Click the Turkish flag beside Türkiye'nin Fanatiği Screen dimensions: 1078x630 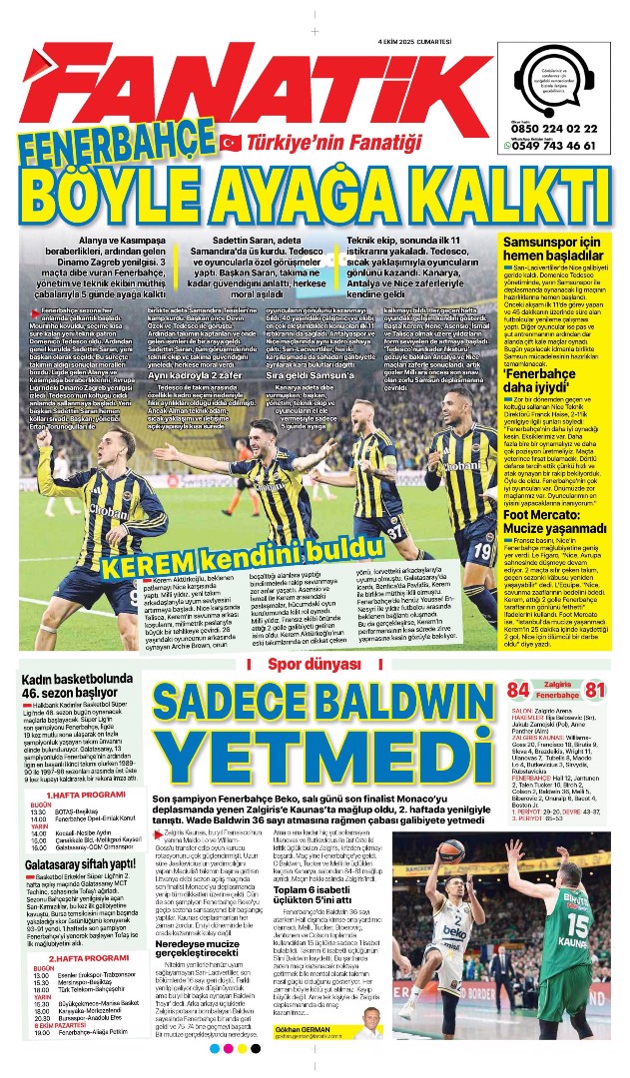231,142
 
